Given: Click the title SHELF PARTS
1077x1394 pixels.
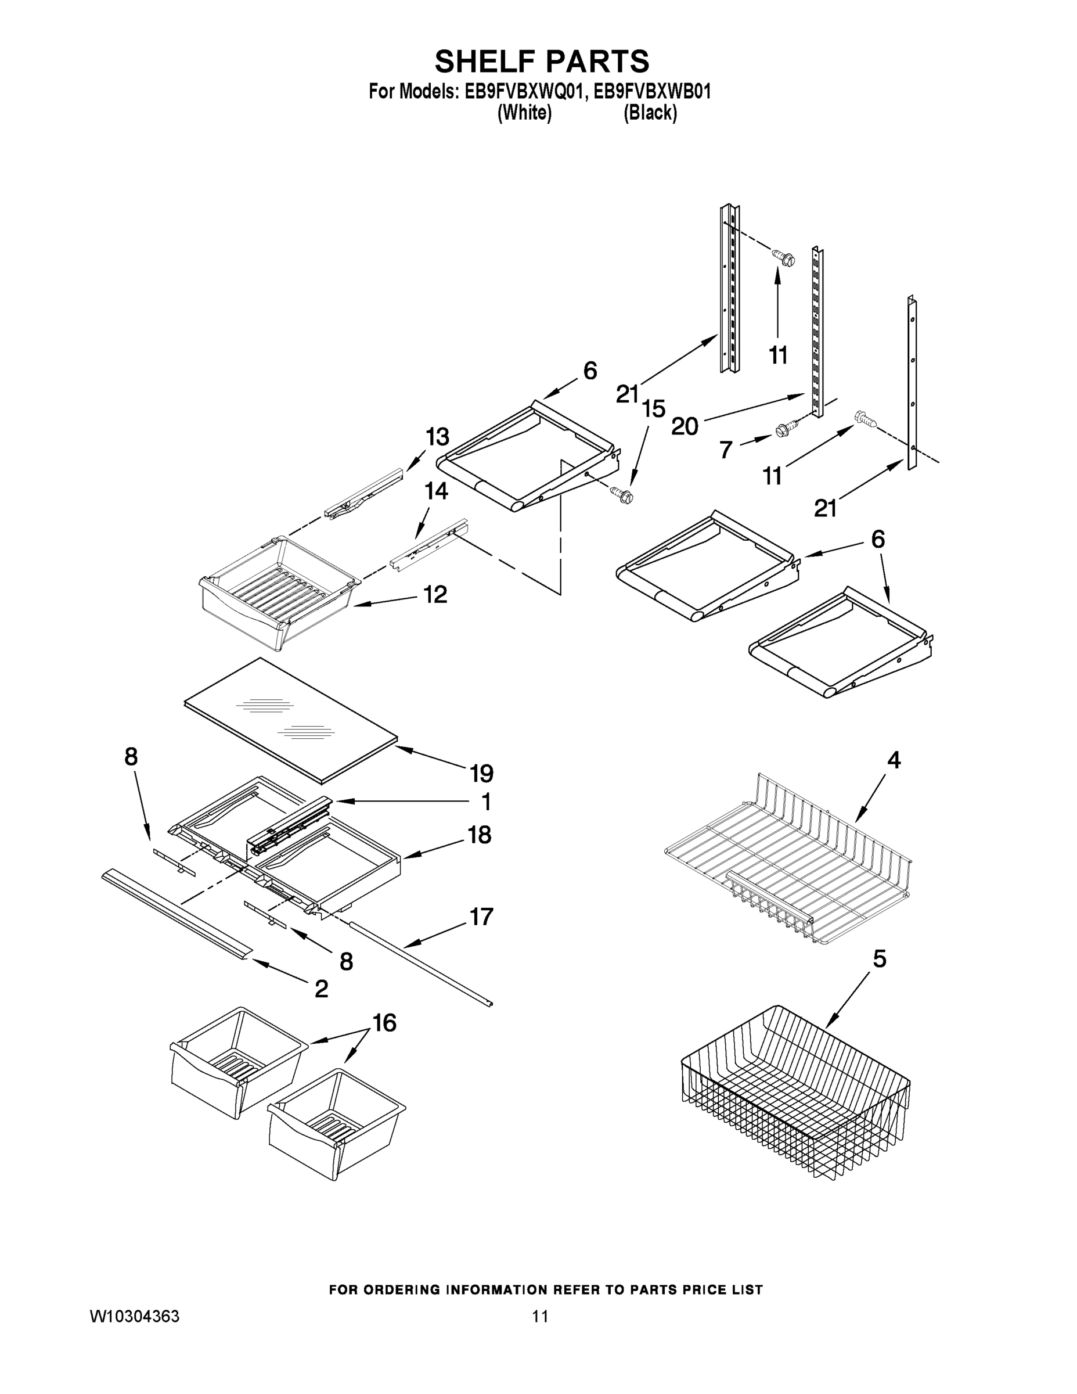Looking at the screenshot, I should [542, 62].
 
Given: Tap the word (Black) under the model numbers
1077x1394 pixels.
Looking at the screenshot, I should [650, 113].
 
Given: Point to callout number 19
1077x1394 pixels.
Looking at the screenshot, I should [482, 774].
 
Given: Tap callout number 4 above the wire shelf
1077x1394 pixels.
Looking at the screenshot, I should [894, 760].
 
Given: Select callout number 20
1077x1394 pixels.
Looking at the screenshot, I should [685, 426].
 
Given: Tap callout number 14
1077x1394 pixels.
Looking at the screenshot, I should [437, 491].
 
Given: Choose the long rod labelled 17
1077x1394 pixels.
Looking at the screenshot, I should [421, 963].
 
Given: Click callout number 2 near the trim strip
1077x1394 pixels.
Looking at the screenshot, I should [322, 989].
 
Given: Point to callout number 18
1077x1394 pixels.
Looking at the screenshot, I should [480, 834].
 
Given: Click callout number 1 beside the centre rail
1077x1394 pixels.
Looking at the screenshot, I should [485, 801].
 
